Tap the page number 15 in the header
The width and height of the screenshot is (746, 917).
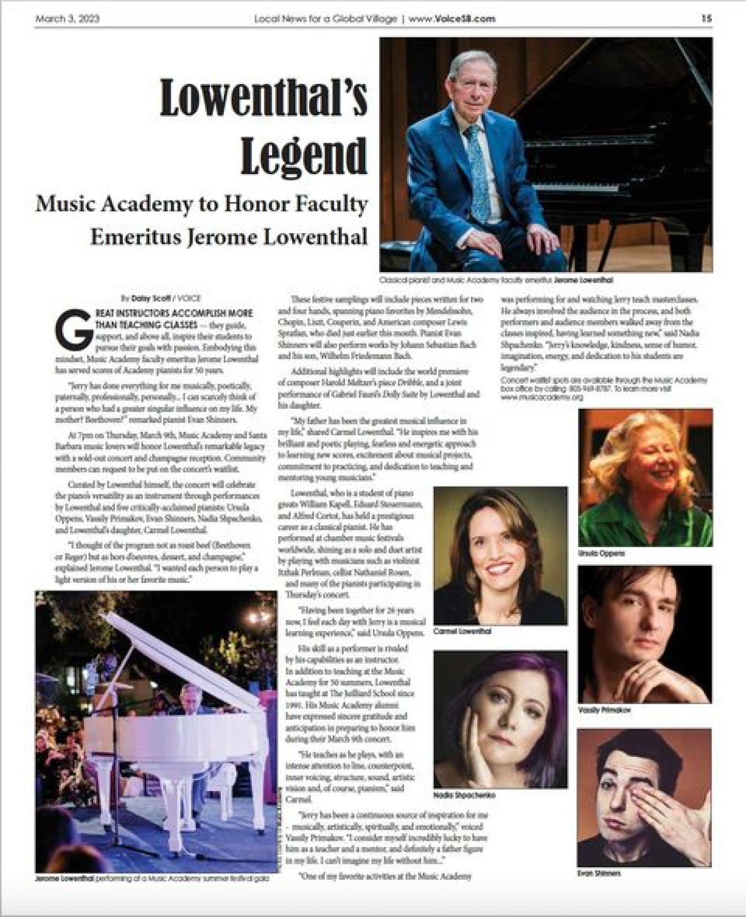click(707, 19)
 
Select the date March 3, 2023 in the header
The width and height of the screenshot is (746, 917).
click(67, 19)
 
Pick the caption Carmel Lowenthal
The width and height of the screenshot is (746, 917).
click(462, 631)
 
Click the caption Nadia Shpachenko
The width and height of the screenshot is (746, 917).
click(464, 795)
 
